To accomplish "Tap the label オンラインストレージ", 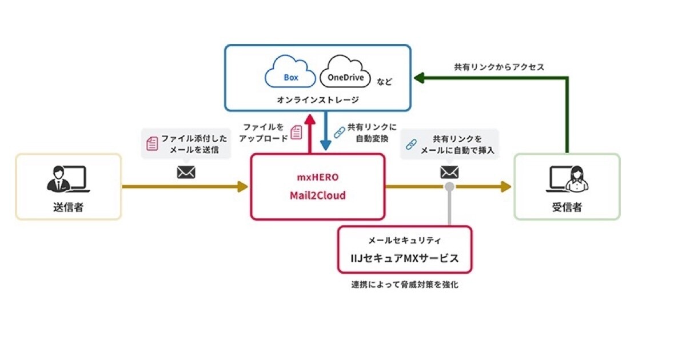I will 318,100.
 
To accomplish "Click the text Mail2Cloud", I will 317,195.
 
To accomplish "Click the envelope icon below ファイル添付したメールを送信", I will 186,171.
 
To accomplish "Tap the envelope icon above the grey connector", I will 449,171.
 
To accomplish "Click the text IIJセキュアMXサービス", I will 405,258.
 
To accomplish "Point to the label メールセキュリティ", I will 404,241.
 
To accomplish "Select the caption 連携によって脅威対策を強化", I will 404,285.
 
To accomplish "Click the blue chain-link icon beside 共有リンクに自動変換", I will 339,132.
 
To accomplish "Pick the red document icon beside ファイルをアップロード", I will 296,133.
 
